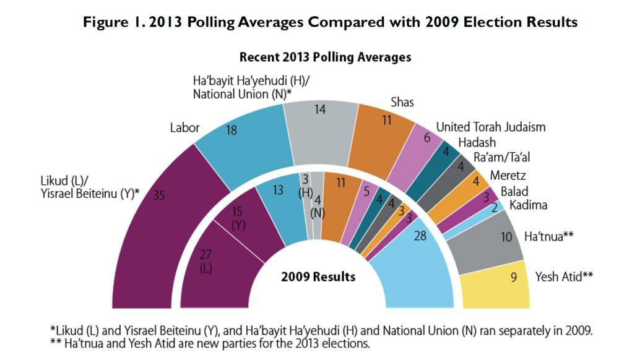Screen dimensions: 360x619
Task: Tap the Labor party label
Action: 184,128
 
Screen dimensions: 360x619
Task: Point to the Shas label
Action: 402,102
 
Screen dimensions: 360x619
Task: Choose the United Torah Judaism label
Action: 491,127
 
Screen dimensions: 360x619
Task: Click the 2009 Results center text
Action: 318,276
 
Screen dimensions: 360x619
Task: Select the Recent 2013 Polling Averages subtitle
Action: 325,58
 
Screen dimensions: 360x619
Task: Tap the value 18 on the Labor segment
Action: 231,131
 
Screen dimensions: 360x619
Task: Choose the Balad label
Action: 514,191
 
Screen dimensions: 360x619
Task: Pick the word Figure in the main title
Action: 105,22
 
